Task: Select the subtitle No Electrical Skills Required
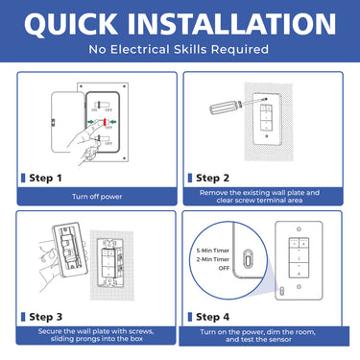coord(180,49)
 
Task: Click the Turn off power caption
coord(95,195)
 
